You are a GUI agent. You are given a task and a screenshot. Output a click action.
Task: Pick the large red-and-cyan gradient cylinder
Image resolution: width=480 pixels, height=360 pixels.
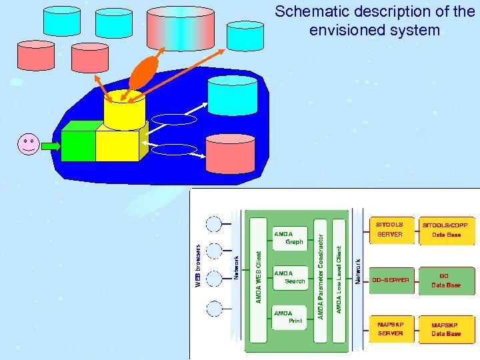pos(179,29)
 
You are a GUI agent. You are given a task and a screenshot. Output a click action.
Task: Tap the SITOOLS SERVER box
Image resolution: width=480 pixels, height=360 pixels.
pos(390,230)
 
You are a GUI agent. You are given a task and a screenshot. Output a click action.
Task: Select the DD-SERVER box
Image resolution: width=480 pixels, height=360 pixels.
pos(390,280)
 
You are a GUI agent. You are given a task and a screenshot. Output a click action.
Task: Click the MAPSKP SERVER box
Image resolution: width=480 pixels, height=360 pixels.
pos(390,329)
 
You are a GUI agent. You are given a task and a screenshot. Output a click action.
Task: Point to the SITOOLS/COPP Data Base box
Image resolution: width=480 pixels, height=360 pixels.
pos(446,230)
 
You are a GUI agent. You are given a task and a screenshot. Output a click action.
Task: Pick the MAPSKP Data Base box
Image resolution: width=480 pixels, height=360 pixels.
pos(446,329)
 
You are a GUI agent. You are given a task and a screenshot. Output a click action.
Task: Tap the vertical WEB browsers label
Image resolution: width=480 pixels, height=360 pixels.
pos(198,265)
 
